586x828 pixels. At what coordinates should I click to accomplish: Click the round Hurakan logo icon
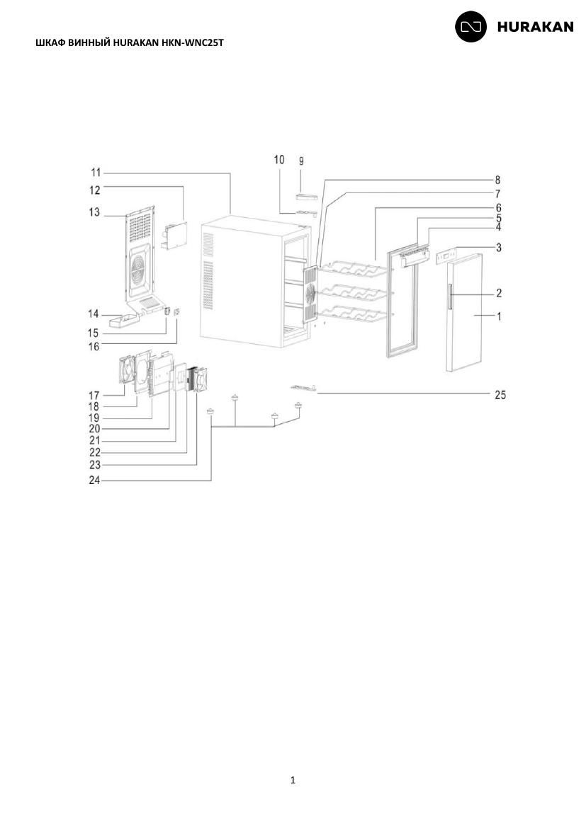coord(471,26)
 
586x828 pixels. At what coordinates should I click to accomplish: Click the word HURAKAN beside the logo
coord(535,27)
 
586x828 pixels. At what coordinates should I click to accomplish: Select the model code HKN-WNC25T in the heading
coord(192,42)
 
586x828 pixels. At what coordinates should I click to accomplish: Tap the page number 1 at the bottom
coord(293,780)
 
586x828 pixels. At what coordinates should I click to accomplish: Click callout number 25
coord(500,394)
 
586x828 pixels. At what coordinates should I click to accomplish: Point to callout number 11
coord(96,173)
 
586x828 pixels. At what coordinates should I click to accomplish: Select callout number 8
coord(497,180)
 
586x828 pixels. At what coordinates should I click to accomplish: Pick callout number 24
coord(94,481)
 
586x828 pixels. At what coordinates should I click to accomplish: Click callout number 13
coord(94,212)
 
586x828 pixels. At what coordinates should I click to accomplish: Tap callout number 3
coord(498,247)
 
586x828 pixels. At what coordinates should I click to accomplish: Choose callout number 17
coord(94,395)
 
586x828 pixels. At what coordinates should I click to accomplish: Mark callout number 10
coord(278,159)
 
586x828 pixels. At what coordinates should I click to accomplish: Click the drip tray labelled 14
coord(122,321)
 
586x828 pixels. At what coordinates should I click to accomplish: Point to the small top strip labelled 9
coord(308,197)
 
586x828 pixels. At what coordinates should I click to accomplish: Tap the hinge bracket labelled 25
coord(303,388)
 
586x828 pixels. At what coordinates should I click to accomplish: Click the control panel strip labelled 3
coord(445,257)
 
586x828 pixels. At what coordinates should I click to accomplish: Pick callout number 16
coord(94,346)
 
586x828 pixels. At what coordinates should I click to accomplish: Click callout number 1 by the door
coord(498,316)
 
